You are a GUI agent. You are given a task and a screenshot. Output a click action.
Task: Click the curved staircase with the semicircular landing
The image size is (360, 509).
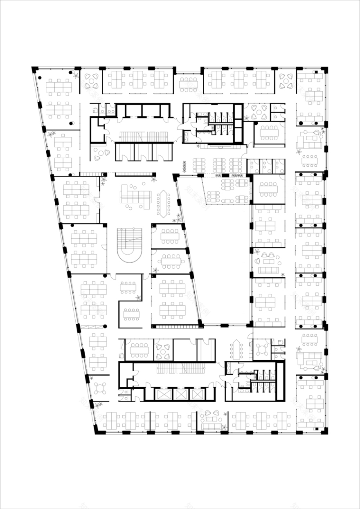click(x=130, y=245)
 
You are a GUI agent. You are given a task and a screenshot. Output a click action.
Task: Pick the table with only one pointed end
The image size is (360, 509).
click(x=236, y=350)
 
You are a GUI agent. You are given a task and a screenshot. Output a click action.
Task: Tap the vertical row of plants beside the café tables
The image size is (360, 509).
click(x=185, y=166)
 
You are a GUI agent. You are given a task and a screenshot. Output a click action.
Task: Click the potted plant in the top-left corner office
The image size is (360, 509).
click(x=75, y=75)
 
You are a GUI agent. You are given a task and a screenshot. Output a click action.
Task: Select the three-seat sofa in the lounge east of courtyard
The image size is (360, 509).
click(x=268, y=270)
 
